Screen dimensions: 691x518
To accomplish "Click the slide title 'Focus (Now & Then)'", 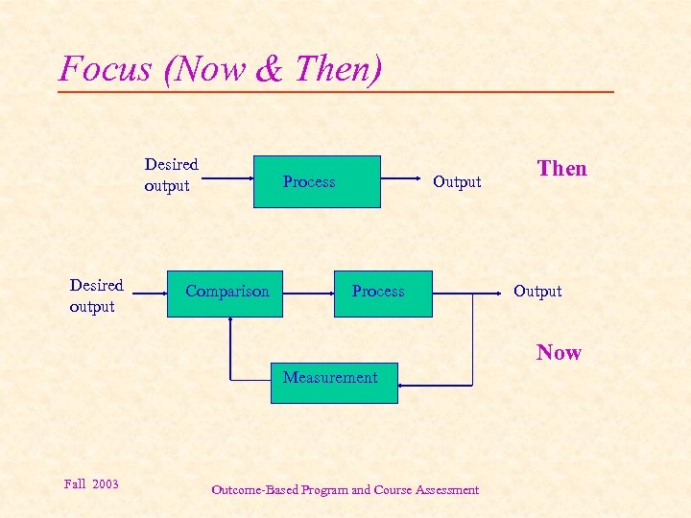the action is [221, 68].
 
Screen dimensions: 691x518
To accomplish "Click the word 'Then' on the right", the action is [561, 169].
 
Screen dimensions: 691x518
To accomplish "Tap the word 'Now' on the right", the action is [559, 352].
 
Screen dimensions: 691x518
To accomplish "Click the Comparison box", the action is [227, 292].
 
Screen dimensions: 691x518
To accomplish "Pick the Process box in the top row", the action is [317, 181].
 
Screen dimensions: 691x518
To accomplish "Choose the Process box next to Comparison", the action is [378, 292].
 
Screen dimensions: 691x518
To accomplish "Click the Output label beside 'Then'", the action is [457, 182].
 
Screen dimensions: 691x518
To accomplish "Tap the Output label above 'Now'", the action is [537, 292].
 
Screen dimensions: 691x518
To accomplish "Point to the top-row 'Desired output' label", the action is [171, 175].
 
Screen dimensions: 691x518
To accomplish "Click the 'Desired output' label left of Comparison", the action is [96, 295].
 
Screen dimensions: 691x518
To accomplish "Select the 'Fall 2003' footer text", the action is [91, 483].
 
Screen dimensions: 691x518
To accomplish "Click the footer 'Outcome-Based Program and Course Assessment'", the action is [345, 490].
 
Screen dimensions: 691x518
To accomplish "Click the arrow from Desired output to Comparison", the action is [150, 292].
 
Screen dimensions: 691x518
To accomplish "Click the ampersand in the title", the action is [270, 69].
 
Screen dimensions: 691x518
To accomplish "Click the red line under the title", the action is [336, 92].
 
